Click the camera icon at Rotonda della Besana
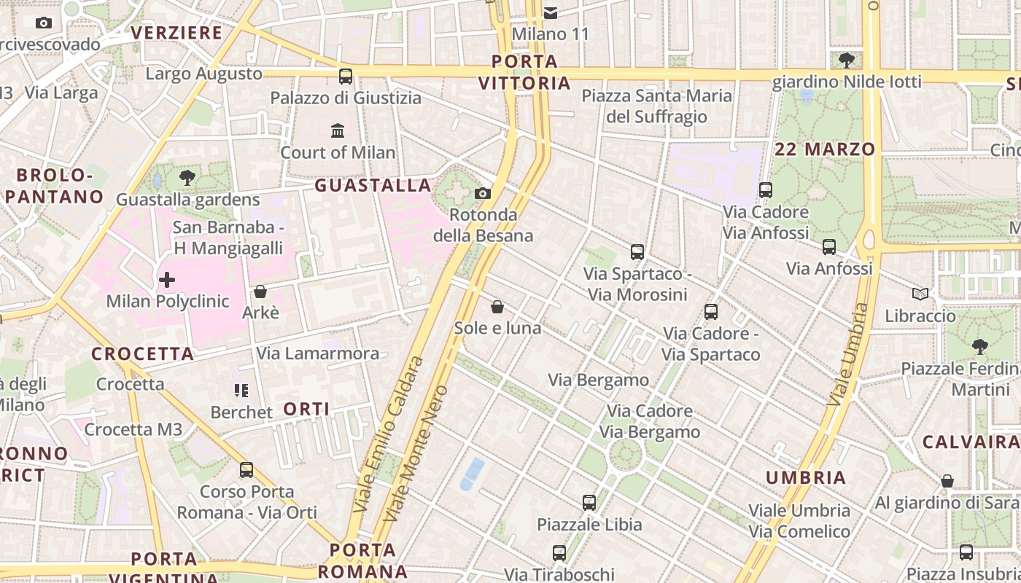(482, 193)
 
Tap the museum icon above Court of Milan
(338, 131)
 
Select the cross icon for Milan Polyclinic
(167, 279)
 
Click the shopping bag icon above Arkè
(260, 291)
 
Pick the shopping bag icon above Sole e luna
(497, 307)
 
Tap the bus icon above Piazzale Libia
(589, 503)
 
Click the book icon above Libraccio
(920, 294)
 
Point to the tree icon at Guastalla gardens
(187, 177)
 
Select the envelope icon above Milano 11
(551, 12)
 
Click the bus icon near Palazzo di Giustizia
(346, 77)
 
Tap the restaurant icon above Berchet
(241, 391)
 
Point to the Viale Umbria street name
(848, 355)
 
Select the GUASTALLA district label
(373, 186)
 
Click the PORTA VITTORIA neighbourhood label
(525, 72)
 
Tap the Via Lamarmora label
(317, 354)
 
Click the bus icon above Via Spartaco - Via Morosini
(637, 252)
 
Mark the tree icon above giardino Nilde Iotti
(847, 60)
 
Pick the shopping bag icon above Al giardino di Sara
(947, 481)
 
